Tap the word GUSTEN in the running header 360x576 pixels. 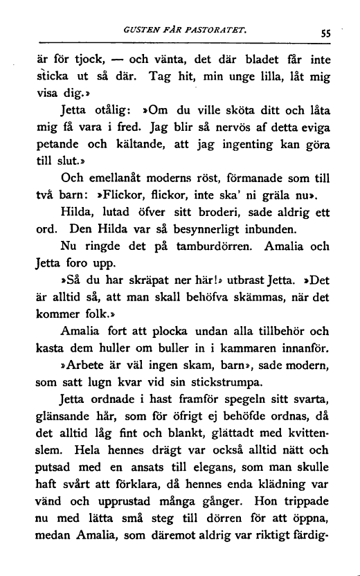click(x=139, y=30)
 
